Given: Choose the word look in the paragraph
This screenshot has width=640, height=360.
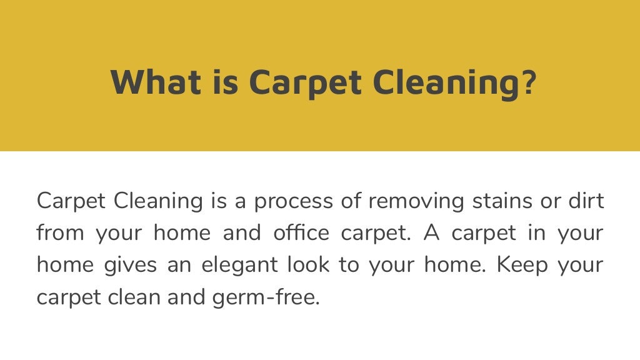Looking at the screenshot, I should click(x=309, y=264).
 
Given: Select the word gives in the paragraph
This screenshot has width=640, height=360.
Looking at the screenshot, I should click(x=123, y=265).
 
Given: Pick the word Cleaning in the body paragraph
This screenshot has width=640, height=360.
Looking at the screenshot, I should click(x=159, y=202).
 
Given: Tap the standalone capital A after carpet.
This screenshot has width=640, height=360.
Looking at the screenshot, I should click(x=432, y=233).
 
